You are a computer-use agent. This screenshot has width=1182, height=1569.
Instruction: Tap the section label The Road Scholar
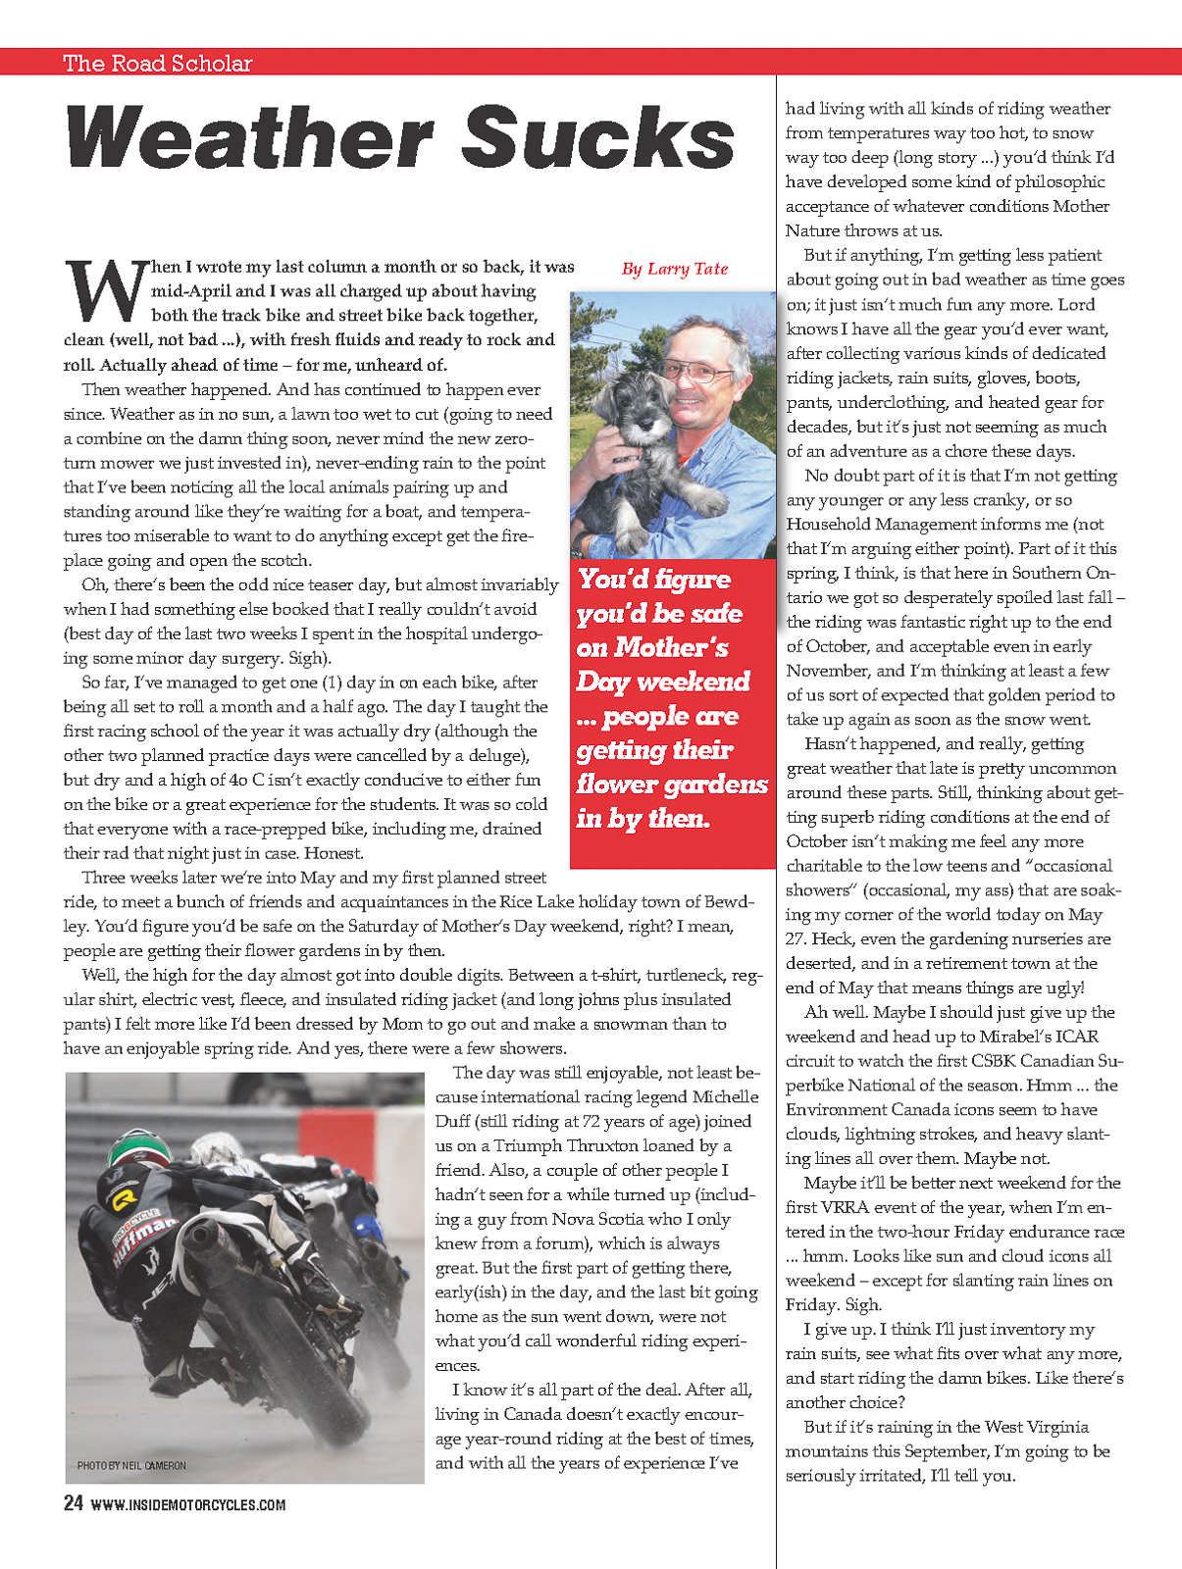(x=158, y=64)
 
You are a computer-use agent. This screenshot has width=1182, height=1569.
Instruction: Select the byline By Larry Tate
(x=675, y=269)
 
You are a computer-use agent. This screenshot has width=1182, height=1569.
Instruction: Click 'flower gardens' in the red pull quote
(x=672, y=784)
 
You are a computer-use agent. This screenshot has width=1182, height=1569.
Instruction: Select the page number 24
(x=73, y=1503)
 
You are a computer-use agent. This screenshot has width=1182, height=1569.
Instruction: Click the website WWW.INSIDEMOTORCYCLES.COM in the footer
(x=187, y=1505)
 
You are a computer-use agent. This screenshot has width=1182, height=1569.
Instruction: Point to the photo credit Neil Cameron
(x=131, y=1465)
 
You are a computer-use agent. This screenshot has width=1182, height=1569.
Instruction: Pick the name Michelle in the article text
(x=725, y=1096)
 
